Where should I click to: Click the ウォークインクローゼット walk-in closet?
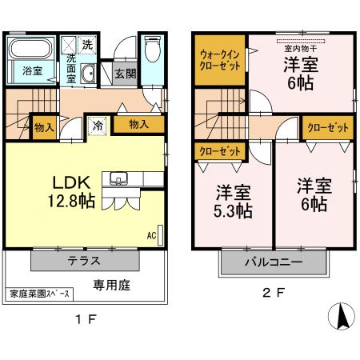pyautogui.click(x=219, y=60)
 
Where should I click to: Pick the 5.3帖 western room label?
pyautogui.click(x=234, y=202)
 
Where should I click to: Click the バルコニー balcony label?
pyautogui.click(x=272, y=261)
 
